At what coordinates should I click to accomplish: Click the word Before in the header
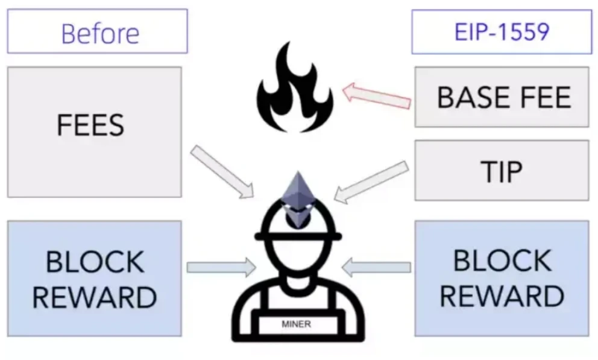click(x=100, y=33)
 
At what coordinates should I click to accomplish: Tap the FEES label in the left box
click(x=90, y=125)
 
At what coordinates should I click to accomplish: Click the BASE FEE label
click(x=503, y=97)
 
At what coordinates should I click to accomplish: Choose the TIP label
click(x=502, y=171)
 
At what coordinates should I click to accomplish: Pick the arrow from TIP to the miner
click(x=367, y=181)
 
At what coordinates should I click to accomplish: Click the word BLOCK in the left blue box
click(x=96, y=262)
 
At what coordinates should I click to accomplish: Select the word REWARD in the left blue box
click(x=95, y=297)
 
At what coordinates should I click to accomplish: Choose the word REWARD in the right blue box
click(x=502, y=295)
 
